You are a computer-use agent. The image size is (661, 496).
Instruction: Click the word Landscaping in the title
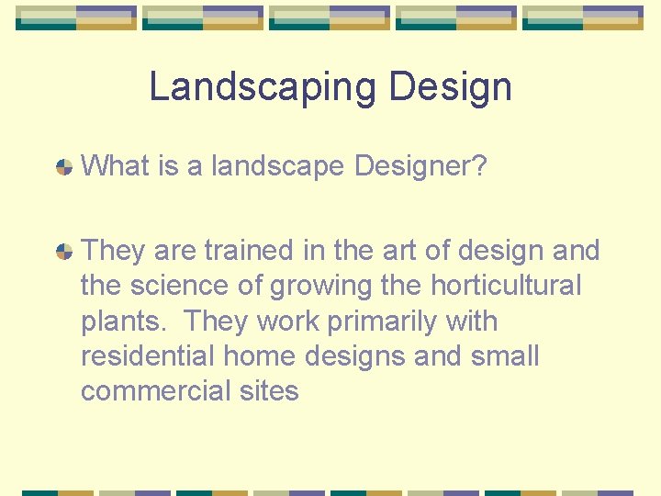(263, 88)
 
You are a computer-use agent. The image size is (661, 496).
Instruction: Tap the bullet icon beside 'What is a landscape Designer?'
(64, 167)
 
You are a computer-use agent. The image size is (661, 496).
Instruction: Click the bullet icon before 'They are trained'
(64, 251)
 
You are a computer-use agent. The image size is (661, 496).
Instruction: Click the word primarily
(397, 322)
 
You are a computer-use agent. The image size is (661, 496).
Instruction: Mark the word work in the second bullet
(290, 321)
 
